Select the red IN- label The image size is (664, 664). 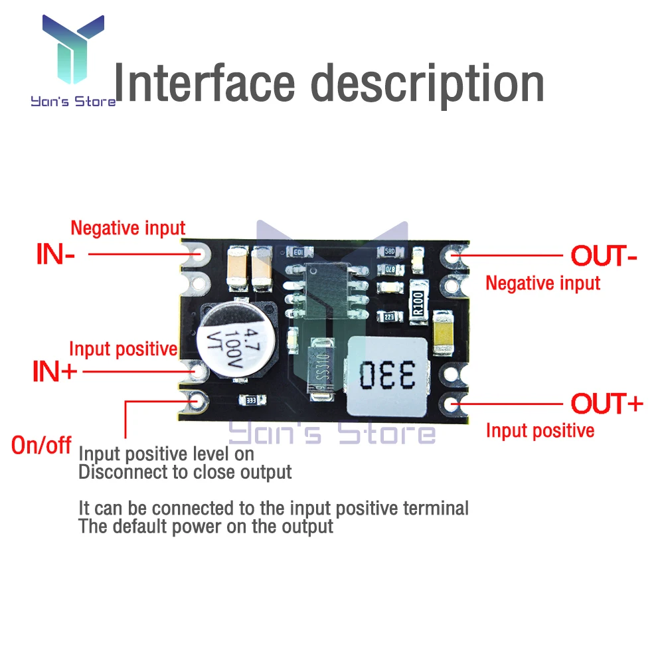tap(54, 255)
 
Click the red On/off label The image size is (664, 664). tap(41, 446)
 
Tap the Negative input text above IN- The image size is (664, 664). tap(127, 228)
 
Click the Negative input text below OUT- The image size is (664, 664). tap(542, 283)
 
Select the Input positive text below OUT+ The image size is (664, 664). tap(540, 431)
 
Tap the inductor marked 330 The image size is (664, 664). tap(388, 375)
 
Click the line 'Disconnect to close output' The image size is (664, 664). tap(185, 473)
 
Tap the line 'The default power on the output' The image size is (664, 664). tap(206, 527)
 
